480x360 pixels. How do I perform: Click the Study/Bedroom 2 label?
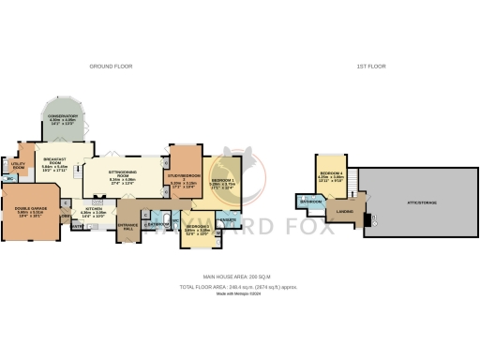click(183, 175)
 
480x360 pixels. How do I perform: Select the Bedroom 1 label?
click(222, 179)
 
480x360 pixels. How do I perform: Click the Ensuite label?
click(228, 219)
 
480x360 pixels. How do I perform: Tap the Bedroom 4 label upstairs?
click(331, 173)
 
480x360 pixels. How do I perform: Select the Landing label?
click(346, 211)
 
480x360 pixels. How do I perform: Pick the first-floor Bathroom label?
click(310, 202)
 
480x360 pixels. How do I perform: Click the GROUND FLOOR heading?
click(110, 67)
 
